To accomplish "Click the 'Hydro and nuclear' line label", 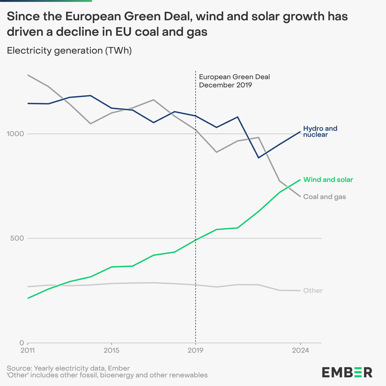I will click(x=320, y=132).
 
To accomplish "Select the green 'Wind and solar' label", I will click(x=328, y=180).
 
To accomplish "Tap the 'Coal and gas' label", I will click(x=325, y=197).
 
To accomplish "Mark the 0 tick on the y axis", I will click(x=21, y=343).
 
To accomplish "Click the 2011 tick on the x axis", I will click(x=28, y=350).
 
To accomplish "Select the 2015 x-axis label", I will click(x=111, y=350).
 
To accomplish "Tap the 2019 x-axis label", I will click(x=195, y=350).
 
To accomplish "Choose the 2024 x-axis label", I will click(x=301, y=350).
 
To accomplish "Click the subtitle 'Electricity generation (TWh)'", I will click(x=69, y=50).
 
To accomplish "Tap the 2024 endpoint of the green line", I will click(x=301, y=180).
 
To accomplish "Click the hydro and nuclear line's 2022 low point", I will click(x=258, y=158).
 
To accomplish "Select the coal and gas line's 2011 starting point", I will click(x=28, y=75).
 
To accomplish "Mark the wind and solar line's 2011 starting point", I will click(x=28, y=298).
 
